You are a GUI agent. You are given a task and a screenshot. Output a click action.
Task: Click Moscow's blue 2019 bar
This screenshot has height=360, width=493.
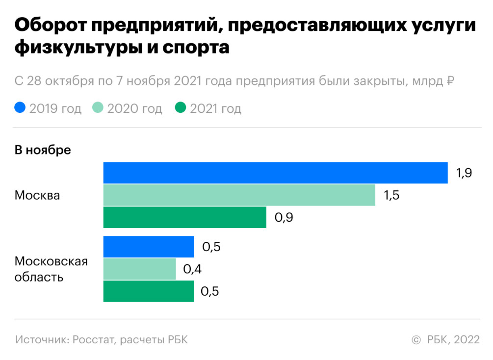point(275,173)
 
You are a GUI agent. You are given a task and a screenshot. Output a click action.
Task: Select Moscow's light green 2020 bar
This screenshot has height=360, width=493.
point(239,195)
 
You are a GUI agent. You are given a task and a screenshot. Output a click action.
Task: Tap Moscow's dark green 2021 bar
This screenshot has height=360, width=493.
point(184,217)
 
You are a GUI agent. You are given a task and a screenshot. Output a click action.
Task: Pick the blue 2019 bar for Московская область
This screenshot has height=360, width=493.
point(149,247)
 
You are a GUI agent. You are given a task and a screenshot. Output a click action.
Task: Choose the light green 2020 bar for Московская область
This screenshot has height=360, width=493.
point(139,269)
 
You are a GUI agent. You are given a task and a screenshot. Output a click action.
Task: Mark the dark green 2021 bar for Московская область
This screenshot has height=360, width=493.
point(149,291)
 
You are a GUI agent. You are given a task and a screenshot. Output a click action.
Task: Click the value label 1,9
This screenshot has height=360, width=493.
point(464,173)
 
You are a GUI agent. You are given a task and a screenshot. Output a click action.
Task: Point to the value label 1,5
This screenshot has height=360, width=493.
point(391,195)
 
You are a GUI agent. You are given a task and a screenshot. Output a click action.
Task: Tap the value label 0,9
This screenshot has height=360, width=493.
point(284,217)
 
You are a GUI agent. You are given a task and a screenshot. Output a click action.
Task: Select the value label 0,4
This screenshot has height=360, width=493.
point(192,269)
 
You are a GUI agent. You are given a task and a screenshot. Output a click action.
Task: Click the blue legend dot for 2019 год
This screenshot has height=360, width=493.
point(20,108)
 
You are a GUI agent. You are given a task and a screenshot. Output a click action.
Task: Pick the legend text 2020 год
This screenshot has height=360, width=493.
point(134,108)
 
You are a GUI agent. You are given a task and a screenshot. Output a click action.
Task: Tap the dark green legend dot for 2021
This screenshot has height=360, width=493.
point(180,108)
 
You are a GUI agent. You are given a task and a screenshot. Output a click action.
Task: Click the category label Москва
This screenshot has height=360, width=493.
point(37,195)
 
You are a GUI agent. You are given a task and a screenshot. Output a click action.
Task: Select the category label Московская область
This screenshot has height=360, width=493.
point(51,269)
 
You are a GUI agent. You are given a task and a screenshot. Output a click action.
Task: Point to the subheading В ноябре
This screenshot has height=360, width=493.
point(43,150)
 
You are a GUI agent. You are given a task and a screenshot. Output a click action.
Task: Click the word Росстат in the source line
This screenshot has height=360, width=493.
point(92,339)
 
